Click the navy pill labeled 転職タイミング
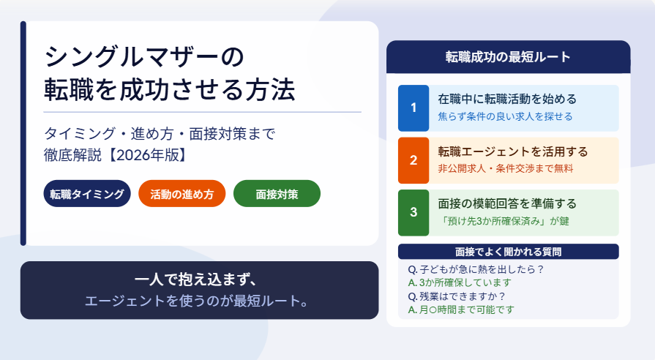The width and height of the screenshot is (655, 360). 87,193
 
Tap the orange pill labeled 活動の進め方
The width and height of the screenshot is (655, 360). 181,193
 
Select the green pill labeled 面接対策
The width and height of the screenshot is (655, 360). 277,193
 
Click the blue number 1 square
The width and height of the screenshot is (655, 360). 413,108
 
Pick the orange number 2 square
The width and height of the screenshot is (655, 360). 413,160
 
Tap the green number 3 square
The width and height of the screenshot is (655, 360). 413,213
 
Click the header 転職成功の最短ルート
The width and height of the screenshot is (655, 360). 508,57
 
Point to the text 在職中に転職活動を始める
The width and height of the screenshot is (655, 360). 507,100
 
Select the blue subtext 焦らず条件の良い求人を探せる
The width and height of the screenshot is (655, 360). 505,116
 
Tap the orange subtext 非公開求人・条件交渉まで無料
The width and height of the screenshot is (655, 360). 506,169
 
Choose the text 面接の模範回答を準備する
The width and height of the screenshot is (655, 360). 507,204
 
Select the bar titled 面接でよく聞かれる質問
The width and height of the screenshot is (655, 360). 509,252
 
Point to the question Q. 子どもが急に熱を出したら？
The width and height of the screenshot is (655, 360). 476,269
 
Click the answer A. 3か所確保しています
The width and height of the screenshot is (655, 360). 460,282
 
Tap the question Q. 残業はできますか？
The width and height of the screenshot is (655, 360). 457,296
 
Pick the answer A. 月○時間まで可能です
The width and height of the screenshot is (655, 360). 461,310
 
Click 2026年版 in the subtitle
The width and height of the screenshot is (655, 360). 144,155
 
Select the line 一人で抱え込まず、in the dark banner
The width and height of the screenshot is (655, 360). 196,280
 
